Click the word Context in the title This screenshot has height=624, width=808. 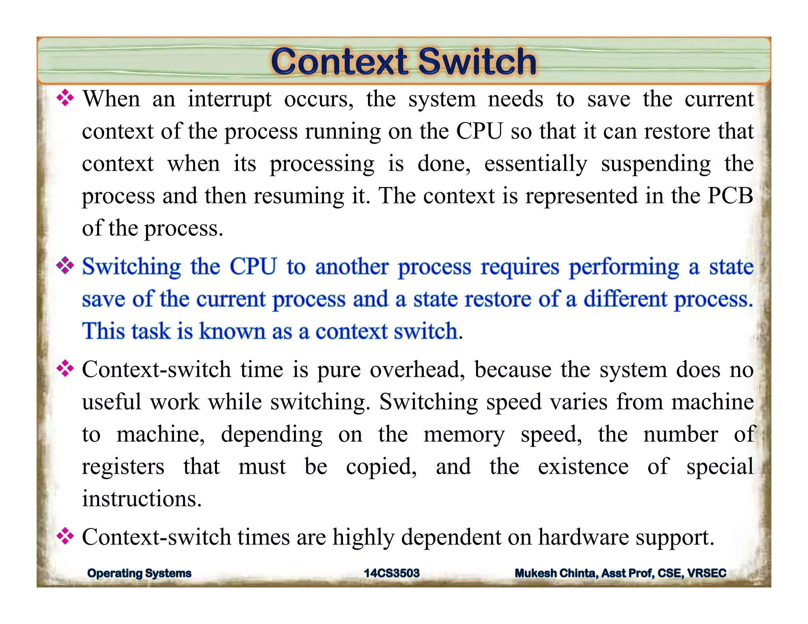[x=339, y=62]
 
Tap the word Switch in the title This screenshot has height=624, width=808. [x=477, y=62]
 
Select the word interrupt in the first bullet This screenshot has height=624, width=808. [x=229, y=99]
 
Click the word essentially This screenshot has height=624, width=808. [x=535, y=164]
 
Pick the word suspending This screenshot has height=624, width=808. [x=655, y=164]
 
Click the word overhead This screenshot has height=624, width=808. [x=417, y=370]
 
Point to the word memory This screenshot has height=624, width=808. [x=464, y=435]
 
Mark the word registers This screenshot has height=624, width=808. [x=123, y=467]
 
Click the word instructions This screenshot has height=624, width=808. [x=141, y=499]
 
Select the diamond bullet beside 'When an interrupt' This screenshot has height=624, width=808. [x=65, y=98]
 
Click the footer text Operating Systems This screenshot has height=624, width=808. [x=139, y=573]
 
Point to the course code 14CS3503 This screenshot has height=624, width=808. [x=391, y=573]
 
